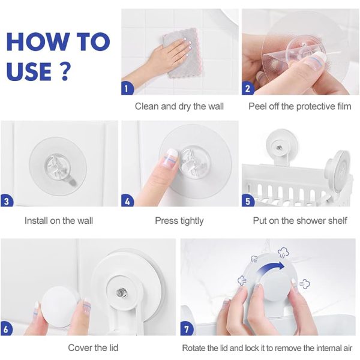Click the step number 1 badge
pyautogui.click(x=127, y=88)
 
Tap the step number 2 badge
pyautogui.click(x=247, y=88)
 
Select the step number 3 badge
pyautogui.click(x=6, y=201)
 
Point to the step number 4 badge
pyautogui.click(x=127, y=201)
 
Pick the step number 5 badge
pyautogui.click(x=247, y=201)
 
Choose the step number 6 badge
pyautogui.click(x=6, y=329)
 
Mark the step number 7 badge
pyautogui.click(x=187, y=329)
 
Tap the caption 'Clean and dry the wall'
pyautogui.click(x=179, y=107)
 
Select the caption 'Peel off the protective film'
pyautogui.click(x=300, y=107)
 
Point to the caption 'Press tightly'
pyautogui.click(x=179, y=221)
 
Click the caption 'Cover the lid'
pyautogui.click(x=93, y=347)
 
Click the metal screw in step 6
pyautogui.click(x=119, y=292)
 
